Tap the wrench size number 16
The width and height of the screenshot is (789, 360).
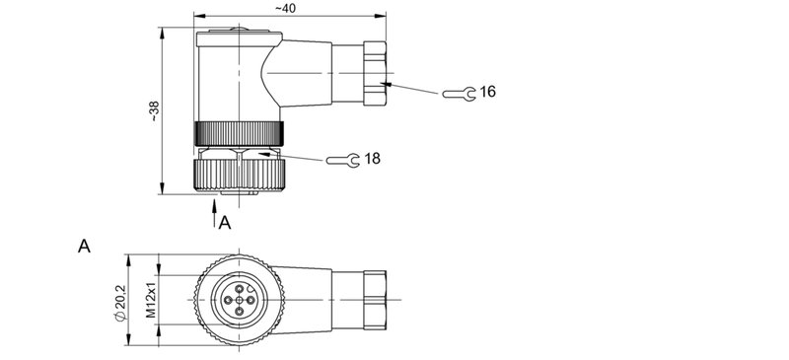click(487, 92)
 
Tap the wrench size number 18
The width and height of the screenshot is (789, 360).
click(373, 158)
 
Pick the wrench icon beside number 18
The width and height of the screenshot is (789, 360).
click(341, 159)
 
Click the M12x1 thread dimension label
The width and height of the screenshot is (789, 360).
click(151, 297)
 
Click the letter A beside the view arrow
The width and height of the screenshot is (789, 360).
click(226, 223)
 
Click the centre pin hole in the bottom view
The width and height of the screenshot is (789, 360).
click(239, 297)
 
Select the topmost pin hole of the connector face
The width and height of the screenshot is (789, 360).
click(239, 284)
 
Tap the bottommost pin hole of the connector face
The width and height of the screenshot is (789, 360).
click(239, 310)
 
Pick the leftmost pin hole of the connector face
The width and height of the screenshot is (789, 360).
click(226, 297)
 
